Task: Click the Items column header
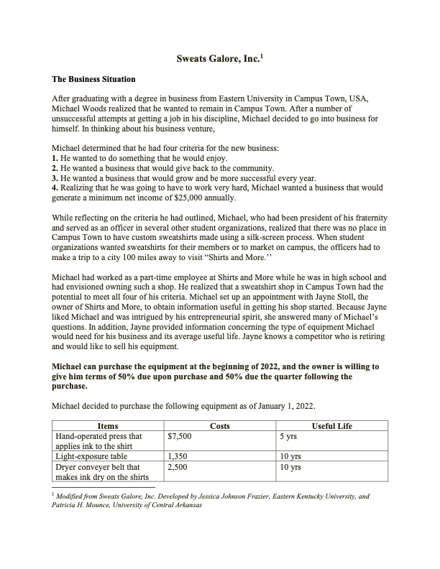pyautogui.click(x=107, y=426)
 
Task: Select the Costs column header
pyautogui.click(x=219, y=426)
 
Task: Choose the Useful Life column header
pyautogui.click(x=331, y=426)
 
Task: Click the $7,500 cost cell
pyautogui.click(x=179, y=435)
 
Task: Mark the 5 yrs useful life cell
pyautogui.click(x=290, y=435)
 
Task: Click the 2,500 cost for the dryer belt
pyautogui.click(x=177, y=466)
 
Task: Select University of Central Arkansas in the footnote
pyautogui.click(x=155, y=504)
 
